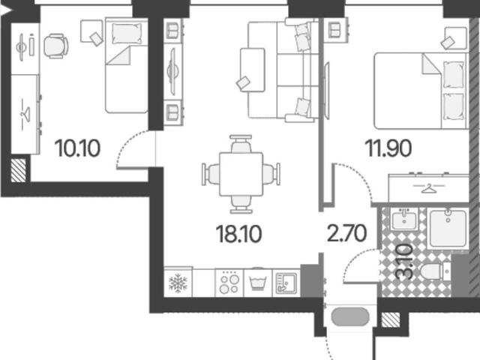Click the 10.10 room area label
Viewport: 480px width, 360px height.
point(78,148)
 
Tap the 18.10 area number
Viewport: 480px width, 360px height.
point(238,234)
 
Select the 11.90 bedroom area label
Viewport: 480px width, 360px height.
point(388,148)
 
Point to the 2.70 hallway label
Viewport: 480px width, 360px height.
point(346,233)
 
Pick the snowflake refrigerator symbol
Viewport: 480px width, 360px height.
point(178,283)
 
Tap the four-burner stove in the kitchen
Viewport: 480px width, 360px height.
point(229,283)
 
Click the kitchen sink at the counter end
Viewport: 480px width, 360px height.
point(286,283)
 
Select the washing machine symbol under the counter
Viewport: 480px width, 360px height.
point(258,282)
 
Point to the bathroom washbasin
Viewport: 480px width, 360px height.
point(404,219)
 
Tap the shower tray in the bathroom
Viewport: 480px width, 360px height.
point(448,229)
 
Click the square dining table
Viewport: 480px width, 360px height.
point(241,174)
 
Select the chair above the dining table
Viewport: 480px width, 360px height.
point(241,143)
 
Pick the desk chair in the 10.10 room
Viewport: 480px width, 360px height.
point(55,46)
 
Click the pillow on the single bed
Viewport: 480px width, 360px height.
point(127,33)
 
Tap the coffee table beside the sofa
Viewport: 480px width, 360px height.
point(252,70)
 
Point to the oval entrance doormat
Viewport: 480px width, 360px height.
point(350,316)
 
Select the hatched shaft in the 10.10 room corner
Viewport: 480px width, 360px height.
point(18,170)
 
